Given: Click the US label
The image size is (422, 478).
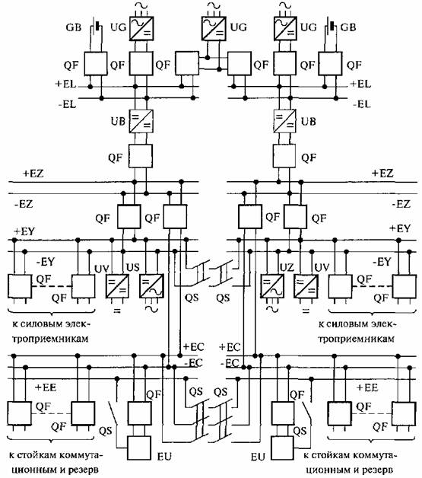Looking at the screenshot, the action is click(x=133, y=267).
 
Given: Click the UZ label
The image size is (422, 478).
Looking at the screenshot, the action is click(x=287, y=267).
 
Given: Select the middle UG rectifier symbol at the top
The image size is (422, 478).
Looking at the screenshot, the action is click(x=214, y=28).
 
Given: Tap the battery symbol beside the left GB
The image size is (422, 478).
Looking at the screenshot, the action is click(x=97, y=27).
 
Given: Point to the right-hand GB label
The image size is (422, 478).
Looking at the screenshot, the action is click(x=348, y=27).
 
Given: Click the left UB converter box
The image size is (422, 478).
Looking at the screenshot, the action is click(x=141, y=121).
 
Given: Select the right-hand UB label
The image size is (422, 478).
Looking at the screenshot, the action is click(x=309, y=122).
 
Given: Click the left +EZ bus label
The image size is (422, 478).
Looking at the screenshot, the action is click(x=33, y=174).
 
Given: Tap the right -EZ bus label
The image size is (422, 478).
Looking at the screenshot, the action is click(x=401, y=204).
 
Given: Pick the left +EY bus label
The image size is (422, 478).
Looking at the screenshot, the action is click(x=24, y=231).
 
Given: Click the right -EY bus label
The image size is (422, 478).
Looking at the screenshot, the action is click(x=382, y=262).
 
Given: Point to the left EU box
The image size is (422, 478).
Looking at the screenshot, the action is click(x=139, y=448).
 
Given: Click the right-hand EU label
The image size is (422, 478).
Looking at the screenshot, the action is click(x=258, y=457).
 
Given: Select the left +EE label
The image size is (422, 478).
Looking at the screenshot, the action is click(x=46, y=387).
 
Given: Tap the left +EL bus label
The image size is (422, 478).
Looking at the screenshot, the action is click(x=65, y=84).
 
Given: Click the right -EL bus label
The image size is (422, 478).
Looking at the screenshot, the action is click(x=362, y=104).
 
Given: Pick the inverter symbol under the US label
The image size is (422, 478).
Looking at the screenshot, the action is click(x=151, y=286).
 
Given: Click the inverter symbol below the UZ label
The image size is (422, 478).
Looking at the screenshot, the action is click(x=272, y=286).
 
